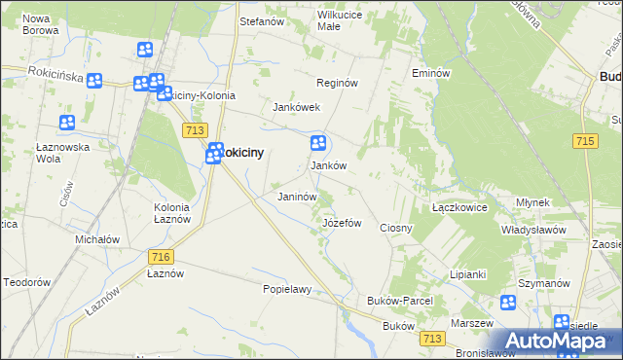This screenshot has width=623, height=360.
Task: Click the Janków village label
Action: coord(328,165)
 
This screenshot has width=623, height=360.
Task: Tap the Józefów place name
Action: coord(342,223)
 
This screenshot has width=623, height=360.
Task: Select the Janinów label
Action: coord(298,197)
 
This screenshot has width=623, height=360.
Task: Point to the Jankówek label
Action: coord(296,107)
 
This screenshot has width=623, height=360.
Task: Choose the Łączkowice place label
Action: coord(458,208)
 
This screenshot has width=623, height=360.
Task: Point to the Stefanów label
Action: coord(261,20)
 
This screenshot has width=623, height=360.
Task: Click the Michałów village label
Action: coord(97,239)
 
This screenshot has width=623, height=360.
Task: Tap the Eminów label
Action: coord(430,74)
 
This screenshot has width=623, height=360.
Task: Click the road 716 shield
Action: coord(162,256)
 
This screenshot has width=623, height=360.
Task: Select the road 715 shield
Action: coord(584,142)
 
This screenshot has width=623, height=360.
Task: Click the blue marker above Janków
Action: coord(318,144)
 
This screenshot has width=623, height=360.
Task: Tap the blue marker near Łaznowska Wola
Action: coord(67,124)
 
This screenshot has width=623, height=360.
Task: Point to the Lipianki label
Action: coord(467,274)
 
